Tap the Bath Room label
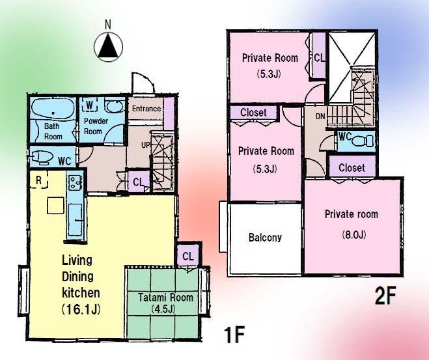[53, 132]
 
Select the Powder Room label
[93, 126]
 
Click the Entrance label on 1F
[146, 108]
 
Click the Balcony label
[265, 238]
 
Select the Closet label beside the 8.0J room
[352, 168]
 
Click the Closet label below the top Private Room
[253, 113]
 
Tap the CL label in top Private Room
[319, 58]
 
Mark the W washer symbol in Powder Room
[90, 104]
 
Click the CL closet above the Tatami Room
[187, 255]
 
